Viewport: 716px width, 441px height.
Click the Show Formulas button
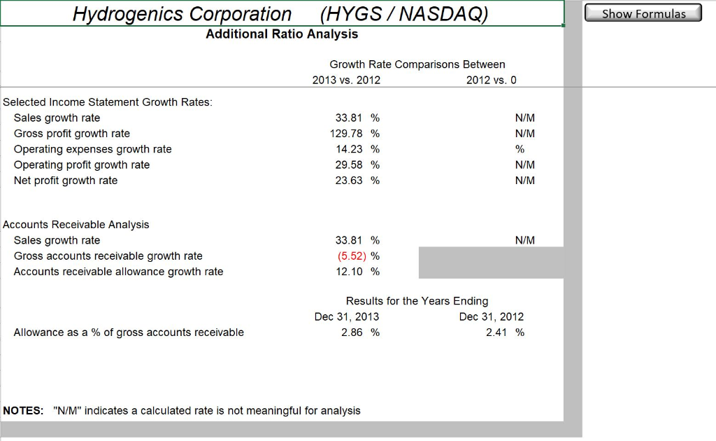tap(643, 13)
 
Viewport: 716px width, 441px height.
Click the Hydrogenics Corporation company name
tap(182, 14)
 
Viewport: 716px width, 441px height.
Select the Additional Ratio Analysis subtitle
tap(282, 34)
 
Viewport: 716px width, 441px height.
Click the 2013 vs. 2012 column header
tap(346, 80)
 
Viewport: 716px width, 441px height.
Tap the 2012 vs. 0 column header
tap(491, 80)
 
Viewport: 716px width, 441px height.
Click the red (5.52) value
tap(352, 255)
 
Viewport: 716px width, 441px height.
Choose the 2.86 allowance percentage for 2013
tap(352, 332)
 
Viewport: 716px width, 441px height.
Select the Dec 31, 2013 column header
tap(347, 316)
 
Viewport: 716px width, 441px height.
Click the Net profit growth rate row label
tap(66, 181)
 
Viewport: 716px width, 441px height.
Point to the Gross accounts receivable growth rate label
tap(108, 255)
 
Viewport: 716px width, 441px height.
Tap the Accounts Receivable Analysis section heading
tap(76, 225)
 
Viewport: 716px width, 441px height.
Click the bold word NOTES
tap(23, 411)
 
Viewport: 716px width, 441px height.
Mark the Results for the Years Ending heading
tap(417, 301)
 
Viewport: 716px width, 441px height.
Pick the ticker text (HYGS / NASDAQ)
tap(403, 14)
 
